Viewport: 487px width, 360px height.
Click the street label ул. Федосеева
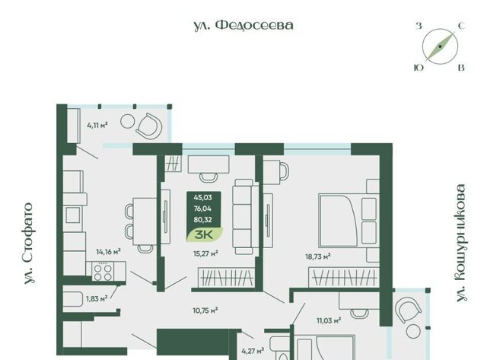pyautogui.click(x=243, y=25)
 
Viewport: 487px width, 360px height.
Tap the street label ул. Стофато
pyautogui.click(x=28, y=244)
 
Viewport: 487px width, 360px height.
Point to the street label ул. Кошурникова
pyautogui.click(x=462, y=243)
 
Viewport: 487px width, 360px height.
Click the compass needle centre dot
pyautogui.click(x=440, y=46)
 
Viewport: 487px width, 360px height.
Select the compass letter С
pyautogui.click(x=462, y=26)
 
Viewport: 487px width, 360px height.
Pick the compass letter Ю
pyautogui.click(x=419, y=68)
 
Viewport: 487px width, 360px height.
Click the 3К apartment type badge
pyautogui.click(x=205, y=234)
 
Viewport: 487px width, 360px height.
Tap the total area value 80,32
pyautogui.click(x=203, y=220)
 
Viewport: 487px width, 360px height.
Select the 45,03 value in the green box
pyautogui.click(x=203, y=198)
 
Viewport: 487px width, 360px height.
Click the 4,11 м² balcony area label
pyautogui.click(x=97, y=126)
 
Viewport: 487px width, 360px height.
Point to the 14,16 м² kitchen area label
pyautogui.click(x=108, y=252)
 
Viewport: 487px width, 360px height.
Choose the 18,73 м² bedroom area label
pyautogui.click(x=318, y=256)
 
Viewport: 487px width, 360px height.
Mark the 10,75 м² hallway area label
pyautogui.click(x=205, y=310)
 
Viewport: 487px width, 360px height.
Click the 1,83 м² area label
pyautogui.click(x=97, y=299)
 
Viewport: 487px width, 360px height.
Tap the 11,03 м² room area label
pyautogui.click(x=329, y=320)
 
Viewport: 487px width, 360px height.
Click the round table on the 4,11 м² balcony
pyautogui.click(x=127, y=121)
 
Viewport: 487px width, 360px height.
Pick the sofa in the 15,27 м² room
pyautogui.click(x=245, y=216)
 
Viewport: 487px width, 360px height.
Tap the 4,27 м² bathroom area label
pyautogui.click(x=253, y=351)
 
